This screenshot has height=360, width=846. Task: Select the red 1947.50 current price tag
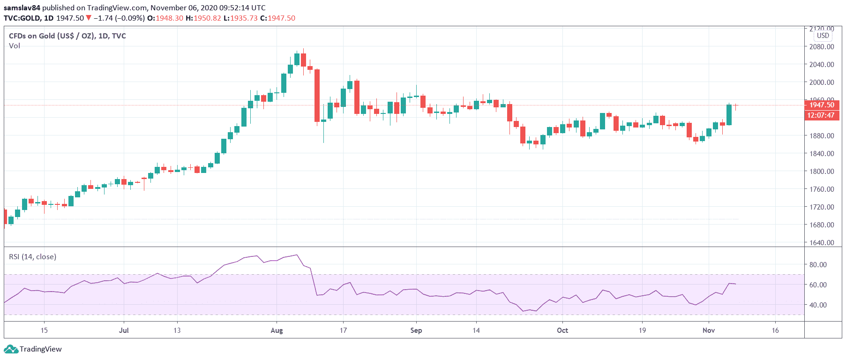(x=822, y=105)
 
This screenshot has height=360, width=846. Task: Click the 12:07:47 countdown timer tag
(x=821, y=115)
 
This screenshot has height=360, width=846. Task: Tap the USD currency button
(x=823, y=36)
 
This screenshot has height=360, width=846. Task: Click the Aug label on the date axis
(x=277, y=330)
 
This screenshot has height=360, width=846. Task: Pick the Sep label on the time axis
(x=416, y=330)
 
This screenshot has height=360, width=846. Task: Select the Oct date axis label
(x=562, y=330)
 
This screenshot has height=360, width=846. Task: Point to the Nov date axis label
(x=708, y=330)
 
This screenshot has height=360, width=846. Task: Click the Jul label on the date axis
(x=124, y=330)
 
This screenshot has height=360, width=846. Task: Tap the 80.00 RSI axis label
(x=818, y=264)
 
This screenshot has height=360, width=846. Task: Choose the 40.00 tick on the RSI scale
(x=818, y=305)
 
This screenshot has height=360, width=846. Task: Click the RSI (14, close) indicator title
(x=33, y=257)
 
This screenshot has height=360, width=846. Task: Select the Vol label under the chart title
(x=15, y=46)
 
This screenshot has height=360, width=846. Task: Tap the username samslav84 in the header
(x=22, y=7)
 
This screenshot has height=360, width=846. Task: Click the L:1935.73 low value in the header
(x=240, y=18)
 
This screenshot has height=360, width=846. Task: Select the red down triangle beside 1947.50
(x=89, y=18)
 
